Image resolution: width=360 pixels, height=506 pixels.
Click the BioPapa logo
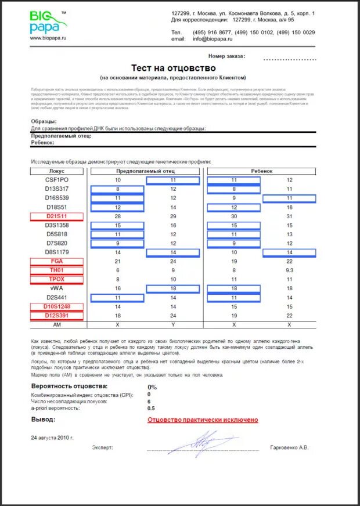48,21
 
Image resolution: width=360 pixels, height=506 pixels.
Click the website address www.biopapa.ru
48,38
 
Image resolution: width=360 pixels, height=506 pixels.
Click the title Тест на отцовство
172,68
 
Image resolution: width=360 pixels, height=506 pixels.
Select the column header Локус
57,172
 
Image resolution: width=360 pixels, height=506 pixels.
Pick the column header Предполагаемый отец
145,172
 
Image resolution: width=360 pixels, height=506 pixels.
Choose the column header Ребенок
261,172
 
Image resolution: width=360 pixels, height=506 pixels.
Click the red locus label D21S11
57,216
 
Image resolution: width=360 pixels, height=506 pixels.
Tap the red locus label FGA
57,261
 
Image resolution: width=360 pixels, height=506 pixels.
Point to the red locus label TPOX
57,279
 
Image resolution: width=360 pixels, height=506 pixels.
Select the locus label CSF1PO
57,180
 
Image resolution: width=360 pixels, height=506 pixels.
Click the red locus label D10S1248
57,306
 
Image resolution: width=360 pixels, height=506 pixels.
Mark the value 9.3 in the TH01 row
289,270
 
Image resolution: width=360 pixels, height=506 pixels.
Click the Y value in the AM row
173,324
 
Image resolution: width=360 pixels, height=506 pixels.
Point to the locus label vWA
57,288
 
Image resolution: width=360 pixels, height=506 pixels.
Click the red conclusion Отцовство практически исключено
203,420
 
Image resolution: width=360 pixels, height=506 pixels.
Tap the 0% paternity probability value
153,387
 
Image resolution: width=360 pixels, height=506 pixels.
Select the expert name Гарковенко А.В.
290,448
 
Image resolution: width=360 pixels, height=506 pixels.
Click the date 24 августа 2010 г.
52,437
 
